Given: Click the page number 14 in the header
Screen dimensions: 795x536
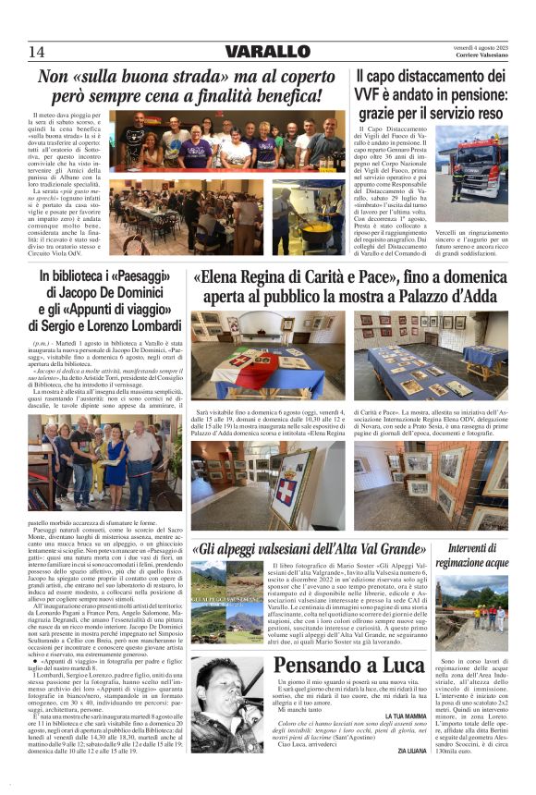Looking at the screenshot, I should point(36,51).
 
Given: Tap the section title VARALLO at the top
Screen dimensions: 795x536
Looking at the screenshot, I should point(267,52).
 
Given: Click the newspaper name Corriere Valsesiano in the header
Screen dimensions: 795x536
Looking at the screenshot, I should point(481,57).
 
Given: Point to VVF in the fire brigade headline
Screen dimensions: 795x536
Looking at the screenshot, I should point(370,95).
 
